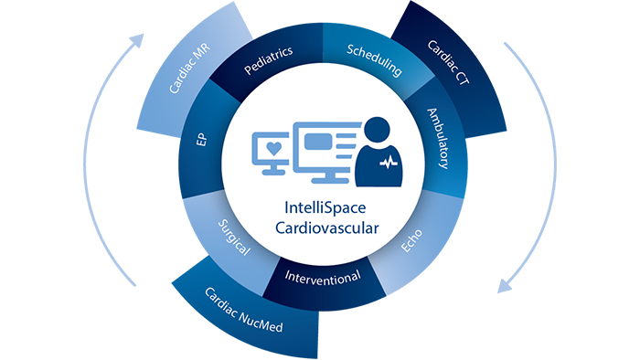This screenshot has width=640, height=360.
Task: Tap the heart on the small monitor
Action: pos(274,147)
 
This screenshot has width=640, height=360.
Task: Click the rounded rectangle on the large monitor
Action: pos(316,143)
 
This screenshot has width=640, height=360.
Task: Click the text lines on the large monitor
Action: pos(344,143)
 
